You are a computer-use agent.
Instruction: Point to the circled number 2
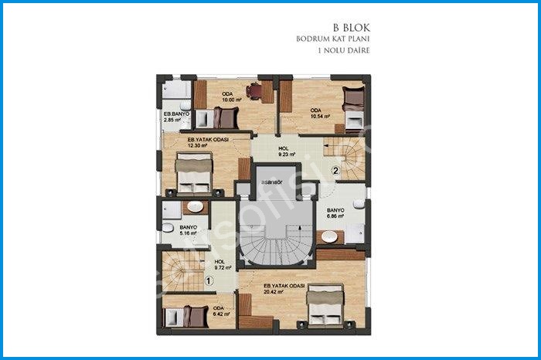pyautogui.click(x=335, y=172)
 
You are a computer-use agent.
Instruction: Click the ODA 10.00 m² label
pyautogui.click(x=229, y=97)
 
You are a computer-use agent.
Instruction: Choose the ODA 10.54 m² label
pyautogui.click(x=320, y=113)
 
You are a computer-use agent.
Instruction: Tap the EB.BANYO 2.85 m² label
pyautogui.click(x=172, y=118)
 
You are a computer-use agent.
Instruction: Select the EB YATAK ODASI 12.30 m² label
pyautogui.click(x=207, y=142)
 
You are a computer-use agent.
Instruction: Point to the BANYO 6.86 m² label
pyautogui.click(x=335, y=213)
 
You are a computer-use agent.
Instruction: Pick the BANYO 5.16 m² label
pyautogui.click(x=189, y=230)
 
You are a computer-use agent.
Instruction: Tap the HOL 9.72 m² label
pyautogui.click(x=223, y=265)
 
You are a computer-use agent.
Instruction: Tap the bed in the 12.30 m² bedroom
pyautogui.click(x=194, y=172)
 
